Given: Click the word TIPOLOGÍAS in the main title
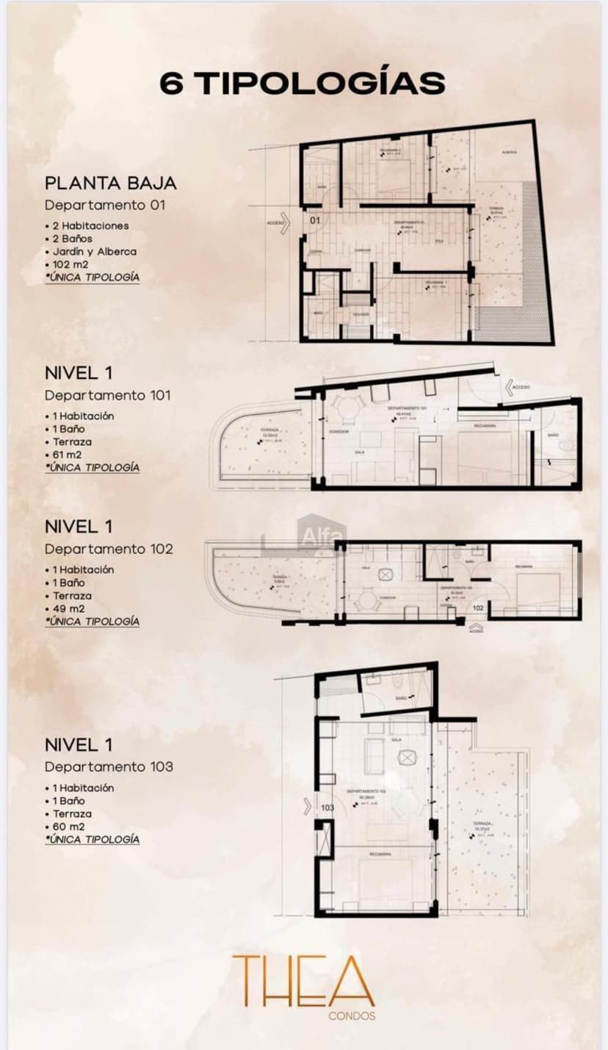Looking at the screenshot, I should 323,83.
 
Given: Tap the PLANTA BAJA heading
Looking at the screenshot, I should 110,183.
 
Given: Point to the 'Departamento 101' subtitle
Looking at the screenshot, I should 107,395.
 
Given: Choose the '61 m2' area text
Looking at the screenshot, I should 67,455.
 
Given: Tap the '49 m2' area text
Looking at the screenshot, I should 68,609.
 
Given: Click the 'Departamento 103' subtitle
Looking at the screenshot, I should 109,767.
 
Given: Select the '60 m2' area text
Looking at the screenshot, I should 68,827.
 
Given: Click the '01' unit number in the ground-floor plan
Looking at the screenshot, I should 314,220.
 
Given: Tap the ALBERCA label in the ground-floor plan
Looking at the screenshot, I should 510,152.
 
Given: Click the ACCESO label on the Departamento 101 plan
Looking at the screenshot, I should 521,386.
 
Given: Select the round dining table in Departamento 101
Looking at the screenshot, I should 344,407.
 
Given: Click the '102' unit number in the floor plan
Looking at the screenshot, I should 478,608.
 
